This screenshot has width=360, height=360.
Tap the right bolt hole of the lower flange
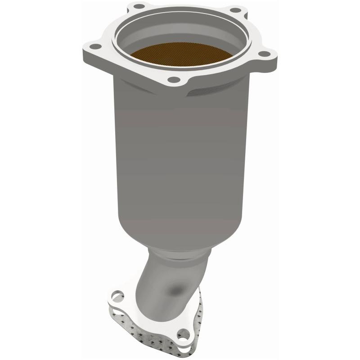coord(183,334)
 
